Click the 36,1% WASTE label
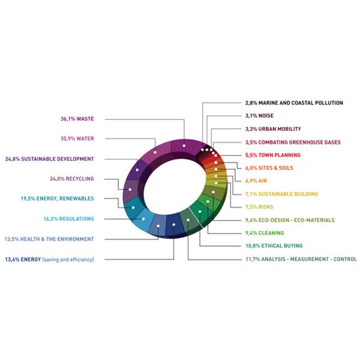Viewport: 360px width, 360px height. pyautogui.click(x=77, y=119)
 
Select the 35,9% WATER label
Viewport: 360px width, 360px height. pyautogui.click(x=77, y=139)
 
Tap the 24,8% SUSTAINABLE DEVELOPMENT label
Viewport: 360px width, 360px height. pyautogui.click(x=49, y=159)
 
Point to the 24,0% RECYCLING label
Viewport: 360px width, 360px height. pyautogui.click(x=72, y=179)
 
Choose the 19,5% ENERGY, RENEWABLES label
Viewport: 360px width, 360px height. pyautogui.click(x=58, y=199)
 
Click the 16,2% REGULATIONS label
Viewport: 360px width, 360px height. pyautogui.click(x=68, y=219)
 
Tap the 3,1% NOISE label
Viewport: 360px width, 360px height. pyautogui.click(x=259, y=116)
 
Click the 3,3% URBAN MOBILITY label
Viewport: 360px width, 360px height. pyautogui.click(x=273, y=129)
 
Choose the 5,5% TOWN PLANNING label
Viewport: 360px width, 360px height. pyautogui.click(x=273, y=155)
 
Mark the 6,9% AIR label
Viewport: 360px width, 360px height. pyautogui.click(x=256, y=181)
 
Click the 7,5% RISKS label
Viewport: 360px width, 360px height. pyautogui.click(x=259, y=207)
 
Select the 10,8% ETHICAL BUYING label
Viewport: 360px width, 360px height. pyautogui.click(x=274, y=245)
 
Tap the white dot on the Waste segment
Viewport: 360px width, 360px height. pyautogui.click(x=184, y=146)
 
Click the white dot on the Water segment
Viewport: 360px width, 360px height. pyautogui.click(x=155, y=152)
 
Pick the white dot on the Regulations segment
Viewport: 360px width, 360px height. pyautogui.click(x=143, y=219)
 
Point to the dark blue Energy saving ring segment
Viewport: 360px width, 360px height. pyautogui.click(x=175, y=225)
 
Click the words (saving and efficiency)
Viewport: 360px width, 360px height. pyautogui.click(x=68, y=260)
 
